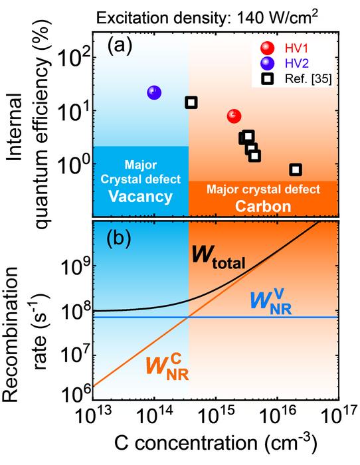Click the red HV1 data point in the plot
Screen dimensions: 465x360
[x=234, y=116]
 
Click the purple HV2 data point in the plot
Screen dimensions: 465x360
[x=154, y=92]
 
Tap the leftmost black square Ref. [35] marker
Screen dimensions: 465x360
[x=191, y=102]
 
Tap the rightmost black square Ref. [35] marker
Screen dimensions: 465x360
[x=296, y=169]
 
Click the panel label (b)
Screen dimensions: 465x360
[x=121, y=238]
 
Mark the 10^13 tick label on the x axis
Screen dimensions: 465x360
[x=96, y=418]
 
